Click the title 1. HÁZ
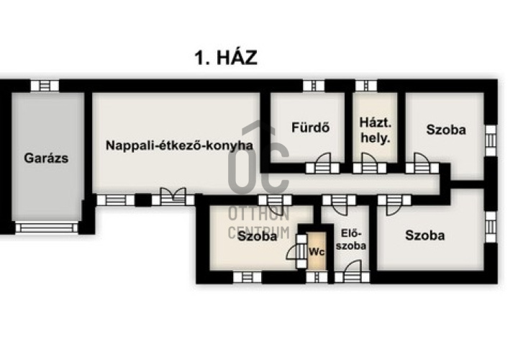(226, 58)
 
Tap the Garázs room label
(46, 158)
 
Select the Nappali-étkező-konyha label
(179, 145)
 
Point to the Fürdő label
(311, 127)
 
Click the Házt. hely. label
(376, 130)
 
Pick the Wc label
(317, 252)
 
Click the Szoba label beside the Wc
(257, 236)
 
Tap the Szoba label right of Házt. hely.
(446, 130)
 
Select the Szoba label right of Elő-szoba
(425, 235)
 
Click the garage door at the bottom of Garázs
(47, 228)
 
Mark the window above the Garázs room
(45, 86)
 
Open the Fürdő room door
(322, 163)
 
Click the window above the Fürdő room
(314, 86)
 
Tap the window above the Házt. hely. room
(366, 86)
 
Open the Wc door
(297, 251)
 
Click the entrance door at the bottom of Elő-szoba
(352, 272)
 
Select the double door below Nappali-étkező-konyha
(173, 197)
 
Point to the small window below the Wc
(317, 277)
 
